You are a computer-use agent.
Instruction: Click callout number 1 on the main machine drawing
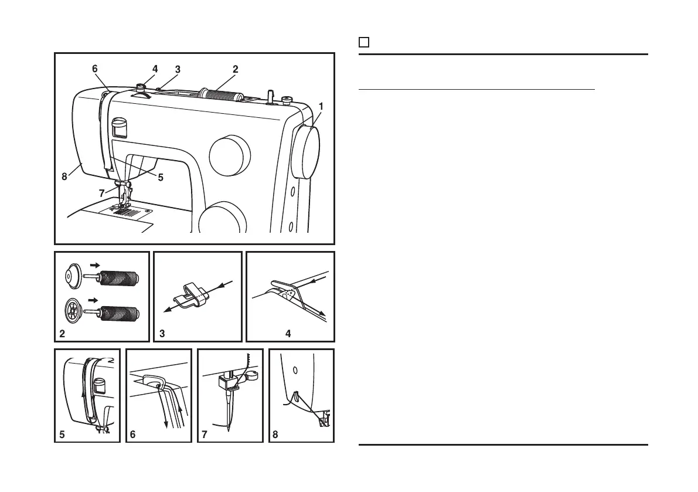click(321, 106)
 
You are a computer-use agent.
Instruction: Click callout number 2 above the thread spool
click(235, 69)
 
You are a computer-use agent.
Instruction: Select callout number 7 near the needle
click(103, 193)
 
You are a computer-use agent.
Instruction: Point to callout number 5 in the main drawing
click(161, 178)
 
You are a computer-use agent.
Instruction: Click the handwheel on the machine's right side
click(307, 151)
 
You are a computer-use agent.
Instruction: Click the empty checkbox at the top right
click(363, 42)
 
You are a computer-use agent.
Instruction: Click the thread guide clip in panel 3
click(193, 295)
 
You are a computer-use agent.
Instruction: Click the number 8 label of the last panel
click(275, 435)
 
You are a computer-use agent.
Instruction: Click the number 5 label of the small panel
click(62, 435)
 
